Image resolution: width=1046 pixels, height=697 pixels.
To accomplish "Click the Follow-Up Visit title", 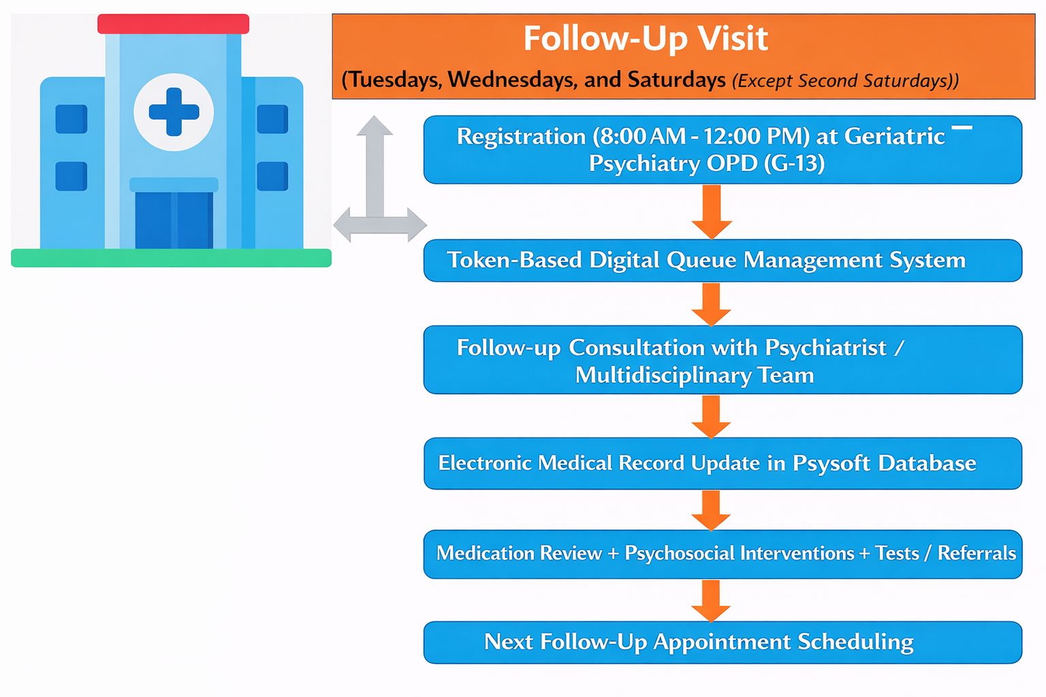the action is click(x=646, y=39).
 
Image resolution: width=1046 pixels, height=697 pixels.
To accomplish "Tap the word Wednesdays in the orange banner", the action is click(x=512, y=80).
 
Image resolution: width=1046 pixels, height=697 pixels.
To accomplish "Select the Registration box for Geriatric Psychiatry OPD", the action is click(x=723, y=150).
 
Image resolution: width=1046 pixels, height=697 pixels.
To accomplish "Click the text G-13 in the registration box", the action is click(x=794, y=163).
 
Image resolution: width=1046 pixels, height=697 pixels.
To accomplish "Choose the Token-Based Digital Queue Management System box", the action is click(x=723, y=261).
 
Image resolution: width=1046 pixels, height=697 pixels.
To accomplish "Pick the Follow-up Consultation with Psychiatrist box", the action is click(x=723, y=359).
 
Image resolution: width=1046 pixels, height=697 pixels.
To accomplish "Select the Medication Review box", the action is click(x=723, y=554).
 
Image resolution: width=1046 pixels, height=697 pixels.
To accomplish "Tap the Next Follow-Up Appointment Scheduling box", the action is click(x=723, y=643).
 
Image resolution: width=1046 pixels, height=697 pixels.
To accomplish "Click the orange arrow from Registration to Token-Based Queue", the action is click(x=712, y=212).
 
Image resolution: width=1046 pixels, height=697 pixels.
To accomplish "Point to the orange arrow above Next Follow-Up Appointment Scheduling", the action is click(x=711, y=601).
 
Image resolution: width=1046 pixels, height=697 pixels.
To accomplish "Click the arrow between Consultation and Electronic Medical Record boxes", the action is click(x=711, y=417).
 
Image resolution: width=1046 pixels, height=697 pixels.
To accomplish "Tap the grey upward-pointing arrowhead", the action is click(x=375, y=125).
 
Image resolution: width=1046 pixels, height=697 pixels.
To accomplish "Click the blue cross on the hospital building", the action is click(x=174, y=112).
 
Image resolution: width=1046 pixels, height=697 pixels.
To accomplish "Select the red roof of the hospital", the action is click(x=173, y=24).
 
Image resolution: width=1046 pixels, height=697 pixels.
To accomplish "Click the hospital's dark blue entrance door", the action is click(x=174, y=220).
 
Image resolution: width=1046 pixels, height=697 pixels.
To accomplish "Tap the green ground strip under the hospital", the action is click(x=172, y=258).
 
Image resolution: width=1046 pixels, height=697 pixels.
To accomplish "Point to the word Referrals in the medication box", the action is click(x=977, y=553).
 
